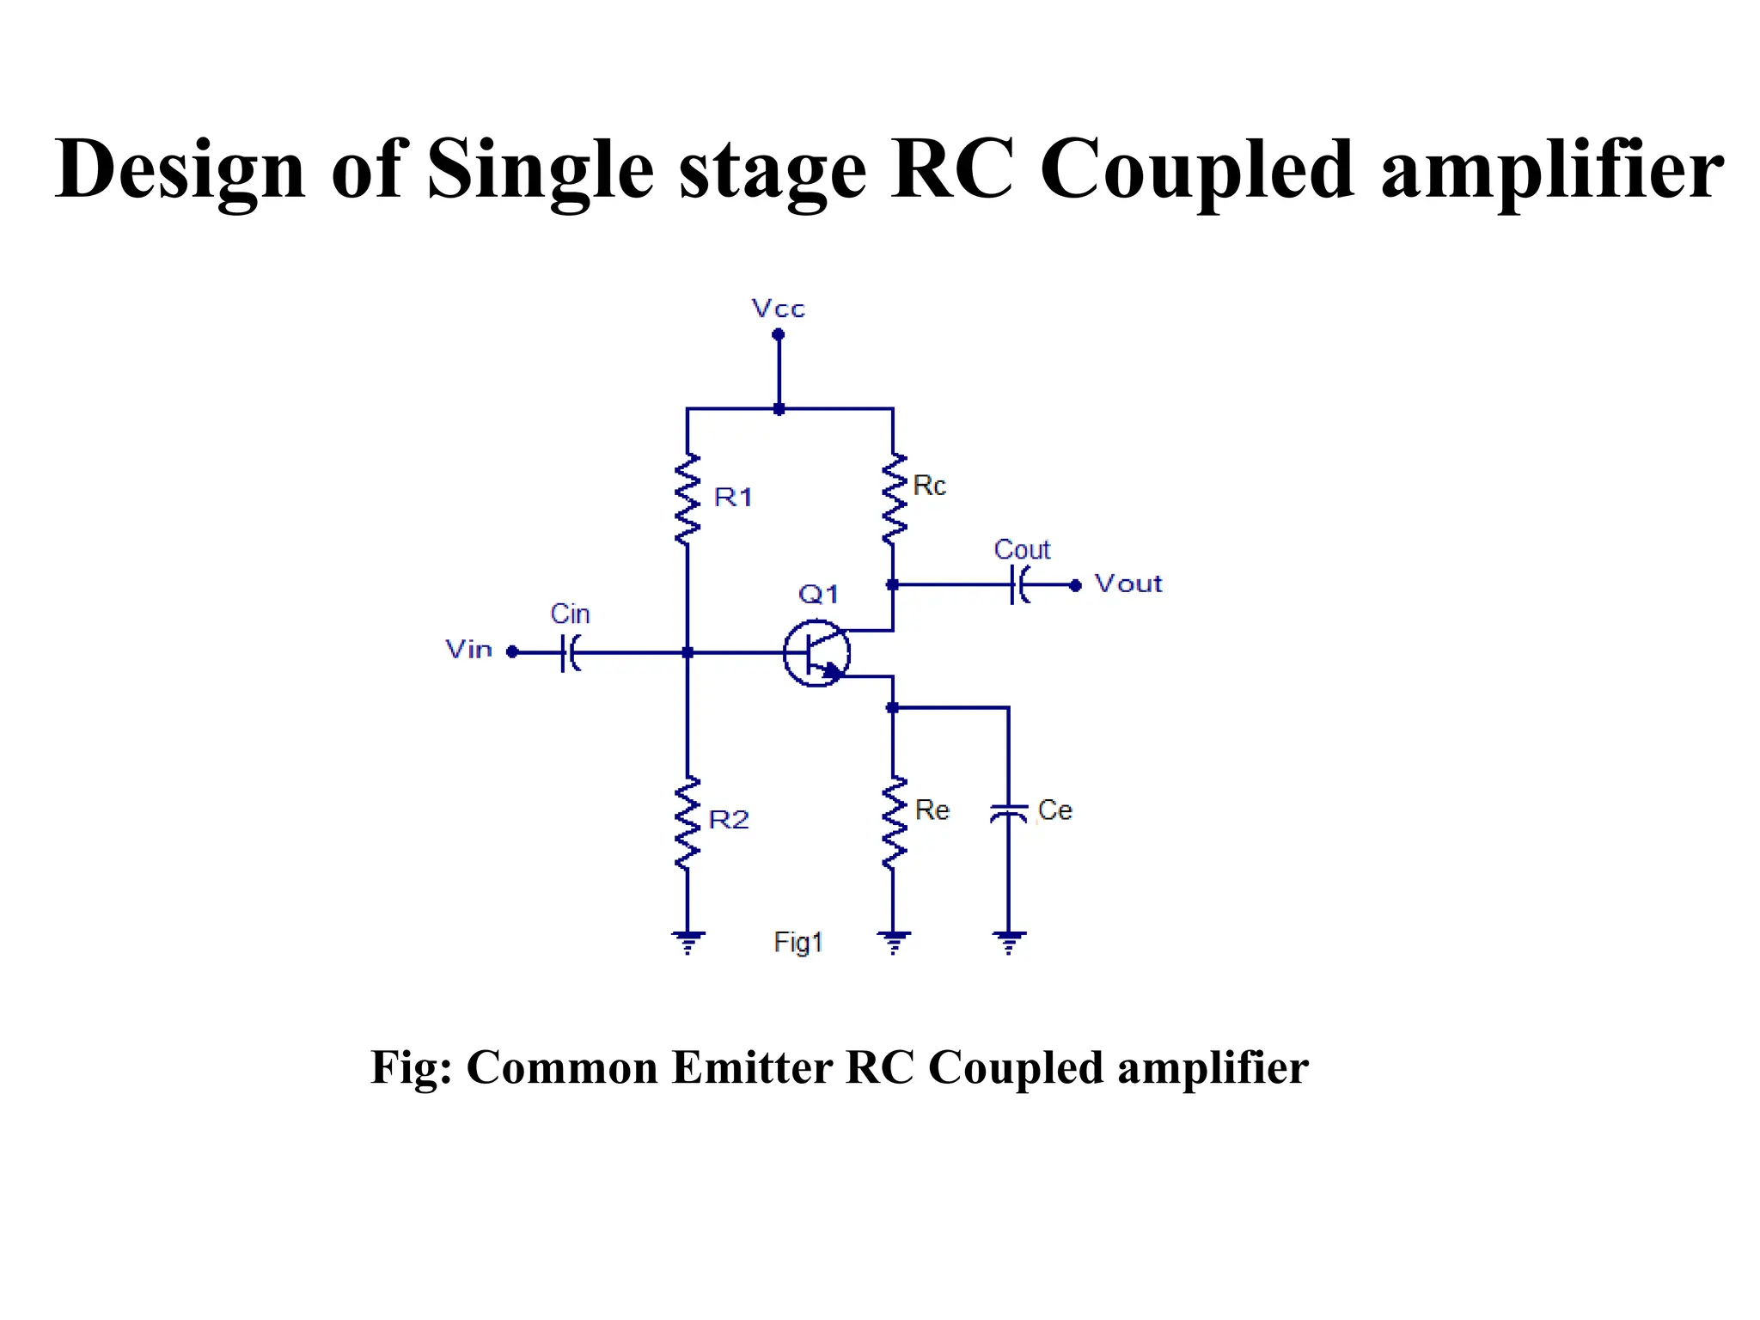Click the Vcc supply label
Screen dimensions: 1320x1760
pos(778,309)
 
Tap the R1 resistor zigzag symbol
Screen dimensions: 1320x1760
pos(687,499)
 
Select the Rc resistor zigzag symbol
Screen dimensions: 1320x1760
pos(894,498)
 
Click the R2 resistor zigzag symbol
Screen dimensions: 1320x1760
pos(687,822)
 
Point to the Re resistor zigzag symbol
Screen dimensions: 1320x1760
pos(894,822)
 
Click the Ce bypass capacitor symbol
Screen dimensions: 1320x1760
pos(1009,812)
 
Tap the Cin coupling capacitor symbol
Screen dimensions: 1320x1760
pos(571,652)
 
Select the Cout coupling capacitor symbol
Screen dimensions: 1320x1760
pos(1020,585)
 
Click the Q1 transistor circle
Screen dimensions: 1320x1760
pos(816,653)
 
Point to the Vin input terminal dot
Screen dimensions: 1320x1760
pos(512,652)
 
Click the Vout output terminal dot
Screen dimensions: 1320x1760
pos(1075,585)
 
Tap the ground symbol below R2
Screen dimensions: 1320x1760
pos(687,942)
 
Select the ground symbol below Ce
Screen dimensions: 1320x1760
pos(1009,942)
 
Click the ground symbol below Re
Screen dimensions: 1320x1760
pos(894,942)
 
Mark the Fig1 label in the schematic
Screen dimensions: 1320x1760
pos(798,943)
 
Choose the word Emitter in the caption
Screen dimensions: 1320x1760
pos(751,1068)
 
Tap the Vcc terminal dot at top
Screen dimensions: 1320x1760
pos(779,334)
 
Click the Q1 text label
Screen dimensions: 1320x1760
pos(818,594)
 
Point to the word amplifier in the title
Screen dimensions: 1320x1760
pos(1552,170)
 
